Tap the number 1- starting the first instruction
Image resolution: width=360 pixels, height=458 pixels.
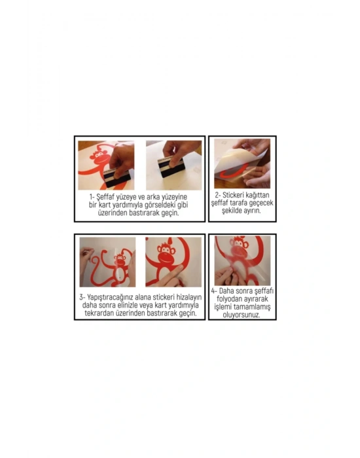click(x=92, y=196)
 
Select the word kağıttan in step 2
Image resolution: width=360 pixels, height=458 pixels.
click(x=257, y=195)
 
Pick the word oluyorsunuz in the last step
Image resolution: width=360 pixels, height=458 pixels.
click(x=242, y=315)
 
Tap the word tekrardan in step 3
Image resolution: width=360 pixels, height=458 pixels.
click(x=99, y=313)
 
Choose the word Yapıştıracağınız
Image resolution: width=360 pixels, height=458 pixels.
click(x=111, y=297)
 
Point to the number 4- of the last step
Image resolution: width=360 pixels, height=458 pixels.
click(x=214, y=291)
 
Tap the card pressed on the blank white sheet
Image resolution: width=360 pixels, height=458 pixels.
click(x=171, y=167)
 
